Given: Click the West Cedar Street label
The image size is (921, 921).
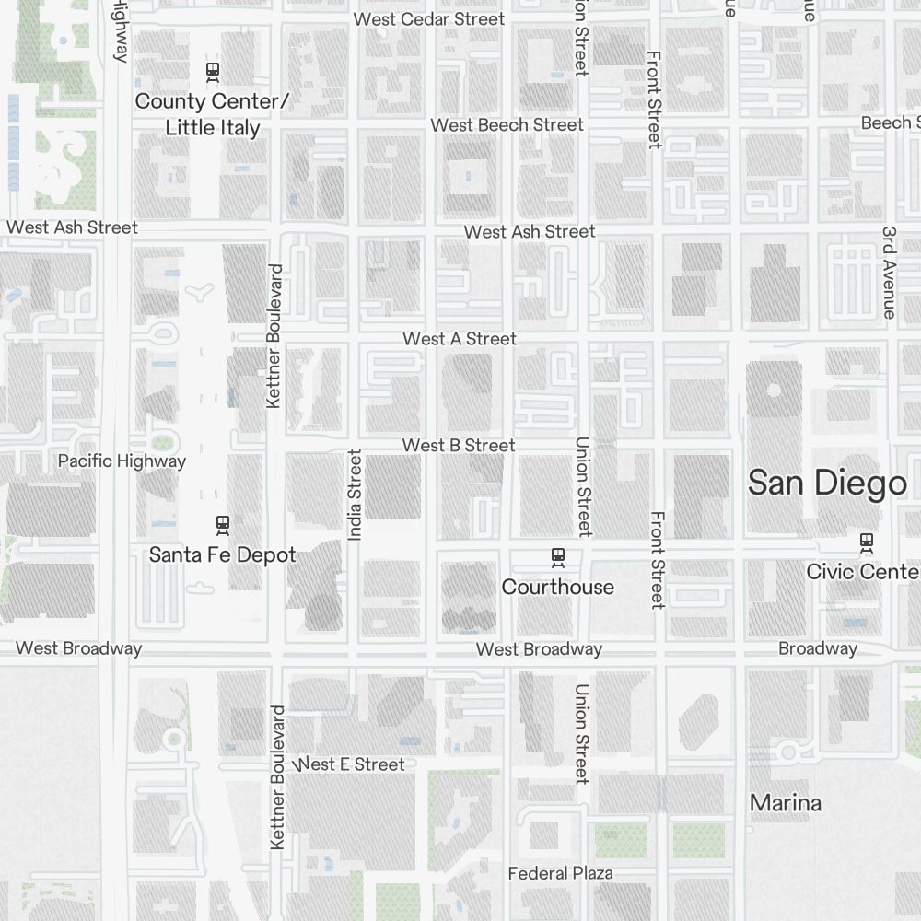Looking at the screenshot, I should pyautogui.click(x=429, y=18).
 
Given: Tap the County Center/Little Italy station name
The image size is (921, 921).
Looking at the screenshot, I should pyautogui.click(x=213, y=114).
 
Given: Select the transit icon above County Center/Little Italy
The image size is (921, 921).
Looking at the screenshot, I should pyautogui.click(x=213, y=70).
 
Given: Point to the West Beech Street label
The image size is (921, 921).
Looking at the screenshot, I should pyautogui.click(x=507, y=124).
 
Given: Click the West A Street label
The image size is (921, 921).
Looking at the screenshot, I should pyautogui.click(x=460, y=339).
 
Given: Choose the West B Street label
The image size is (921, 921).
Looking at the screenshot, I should pyautogui.click(x=459, y=446).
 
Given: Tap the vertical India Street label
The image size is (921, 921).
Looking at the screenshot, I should pyautogui.click(x=356, y=495).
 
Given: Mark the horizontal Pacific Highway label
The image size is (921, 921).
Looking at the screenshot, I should pyautogui.click(x=122, y=460).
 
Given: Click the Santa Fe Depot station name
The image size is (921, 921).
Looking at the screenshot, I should pyautogui.click(x=223, y=554).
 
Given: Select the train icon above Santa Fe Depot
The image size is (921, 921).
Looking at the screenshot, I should pyautogui.click(x=222, y=524).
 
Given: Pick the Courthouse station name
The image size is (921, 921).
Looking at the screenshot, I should pyautogui.click(x=557, y=587).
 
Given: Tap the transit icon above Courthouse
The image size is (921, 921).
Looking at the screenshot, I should pyautogui.click(x=557, y=555).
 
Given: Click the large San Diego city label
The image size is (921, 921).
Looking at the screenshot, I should pyautogui.click(x=827, y=483).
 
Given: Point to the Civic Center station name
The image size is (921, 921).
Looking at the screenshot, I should pyautogui.click(x=862, y=571).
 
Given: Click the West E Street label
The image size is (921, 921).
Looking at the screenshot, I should pyautogui.click(x=350, y=764).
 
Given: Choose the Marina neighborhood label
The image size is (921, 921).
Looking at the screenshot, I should pyautogui.click(x=786, y=802).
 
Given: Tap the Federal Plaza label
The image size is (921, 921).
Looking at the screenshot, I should pyautogui.click(x=561, y=872).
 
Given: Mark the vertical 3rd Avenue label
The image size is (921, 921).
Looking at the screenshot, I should pyautogui.click(x=889, y=273).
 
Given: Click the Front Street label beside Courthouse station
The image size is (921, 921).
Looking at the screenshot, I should pyautogui.click(x=657, y=560).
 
